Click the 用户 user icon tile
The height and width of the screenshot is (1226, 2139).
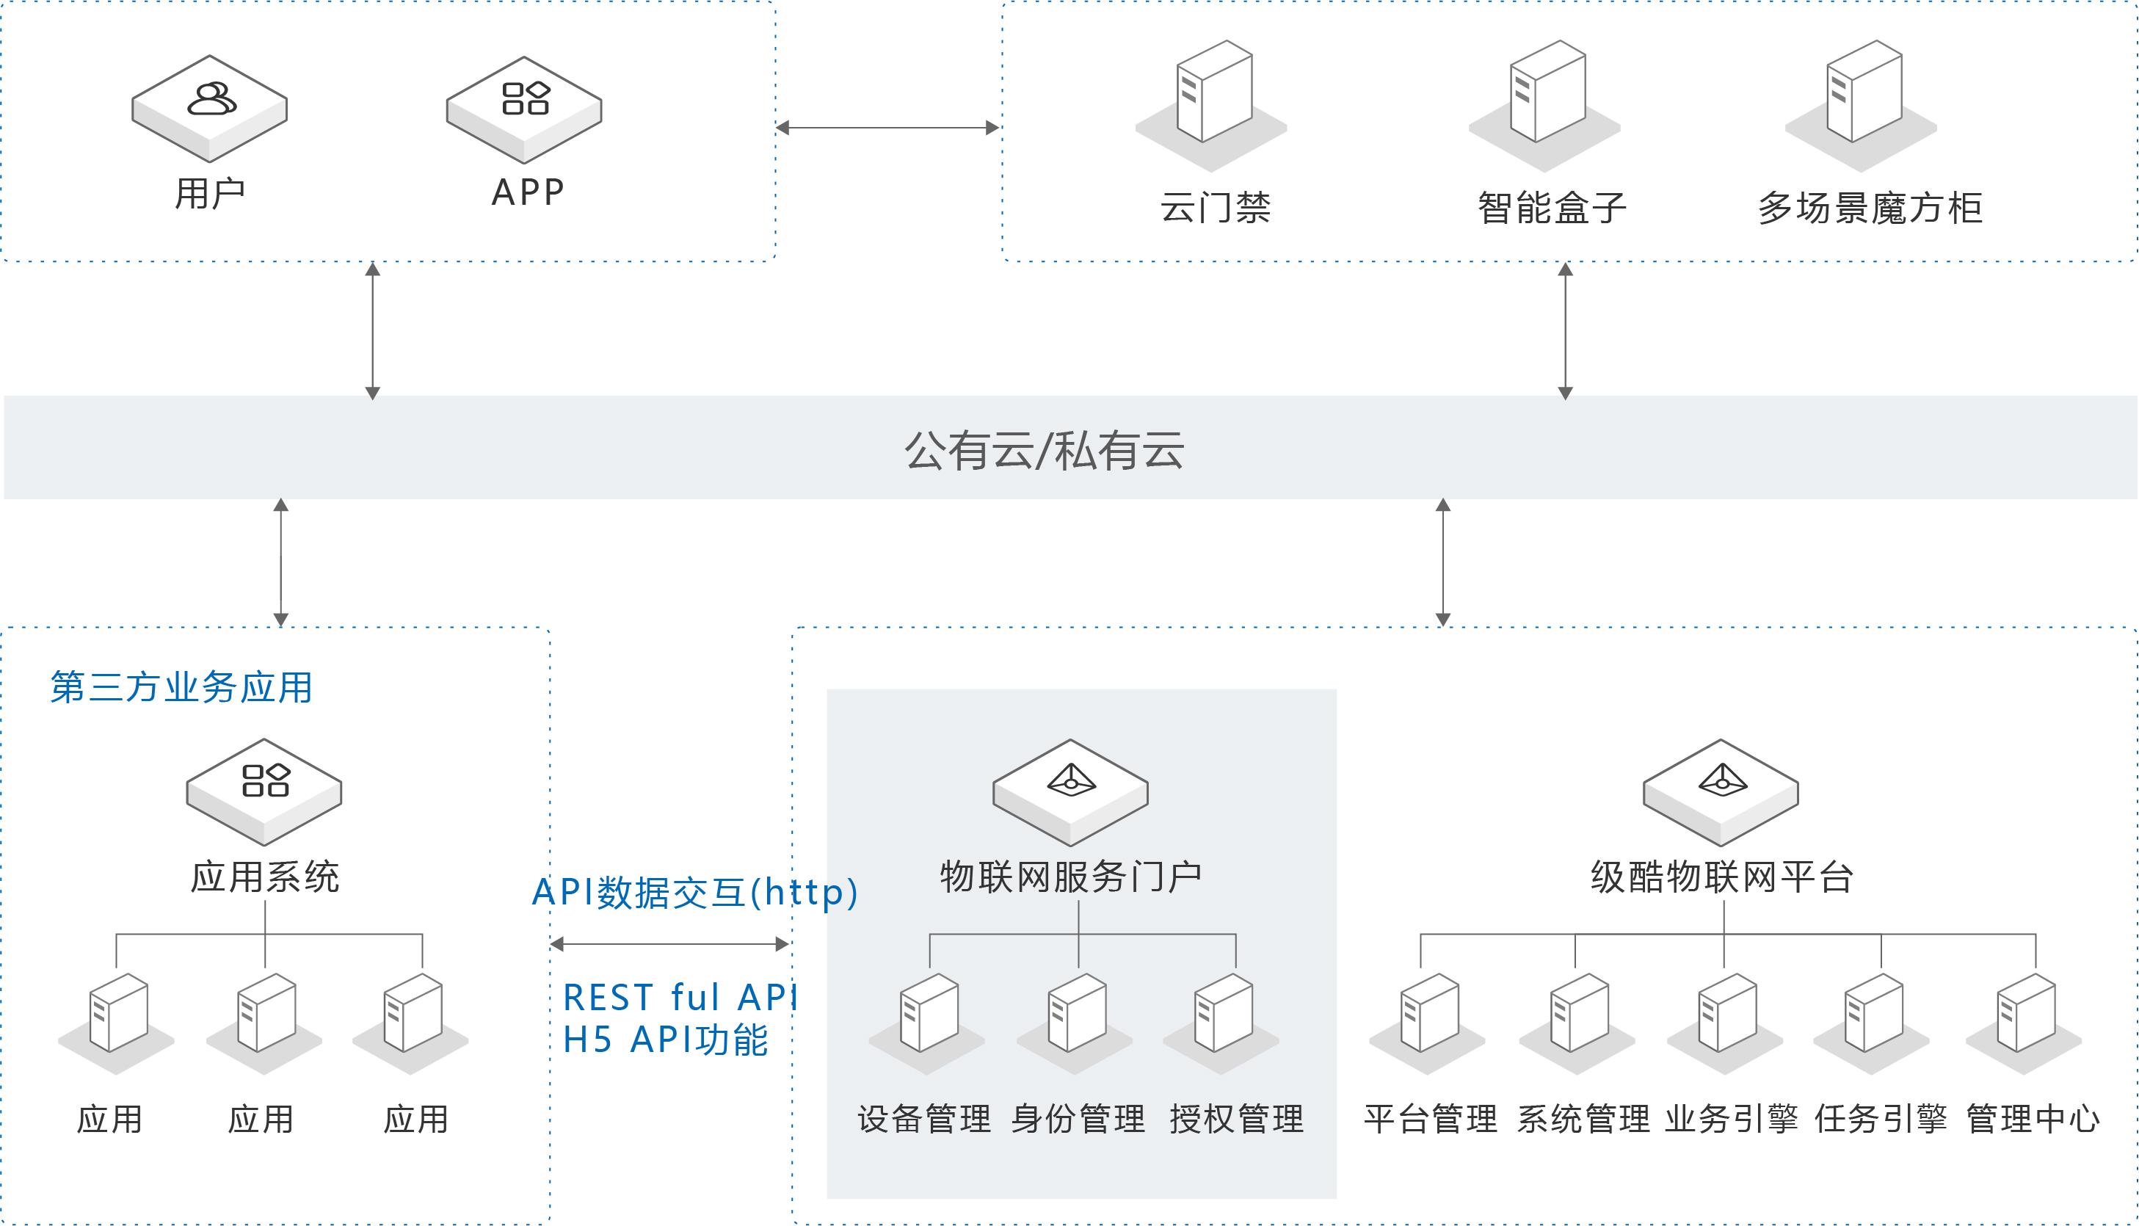point(210,108)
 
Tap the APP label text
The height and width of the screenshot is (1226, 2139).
point(528,193)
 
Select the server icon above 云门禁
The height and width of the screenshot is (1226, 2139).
point(1213,93)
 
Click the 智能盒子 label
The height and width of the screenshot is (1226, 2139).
point(1552,208)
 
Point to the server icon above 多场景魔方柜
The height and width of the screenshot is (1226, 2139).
point(1864,93)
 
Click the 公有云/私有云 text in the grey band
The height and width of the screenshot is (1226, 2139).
point(1044,451)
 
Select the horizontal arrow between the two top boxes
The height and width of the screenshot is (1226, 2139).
point(887,128)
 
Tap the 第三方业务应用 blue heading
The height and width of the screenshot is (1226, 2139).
point(181,687)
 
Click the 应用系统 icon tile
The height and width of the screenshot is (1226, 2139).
point(264,791)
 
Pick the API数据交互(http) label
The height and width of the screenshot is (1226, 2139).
point(694,893)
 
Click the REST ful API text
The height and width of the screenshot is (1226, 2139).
point(678,998)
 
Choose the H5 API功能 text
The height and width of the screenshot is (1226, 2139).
point(665,1040)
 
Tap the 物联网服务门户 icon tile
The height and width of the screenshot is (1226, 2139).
point(1070,791)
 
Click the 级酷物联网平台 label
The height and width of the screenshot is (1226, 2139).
point(1721,877)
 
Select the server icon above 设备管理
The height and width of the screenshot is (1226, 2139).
point(929,1014)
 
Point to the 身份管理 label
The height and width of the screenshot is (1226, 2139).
point(1078,1119)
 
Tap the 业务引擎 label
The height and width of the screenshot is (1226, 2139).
point(1731,1119)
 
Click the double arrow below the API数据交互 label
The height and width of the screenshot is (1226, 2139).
point(669,944)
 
